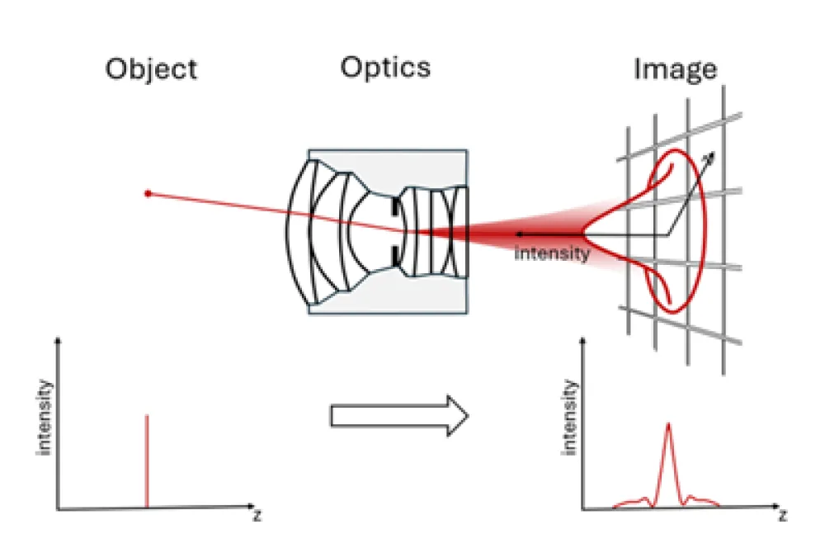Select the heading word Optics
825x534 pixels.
click(385, 66)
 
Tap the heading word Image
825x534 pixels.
click(675, 69)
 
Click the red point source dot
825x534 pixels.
click(148, 193)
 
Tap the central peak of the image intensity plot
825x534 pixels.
click(668, 429)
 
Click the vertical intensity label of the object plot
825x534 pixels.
click(45, 417)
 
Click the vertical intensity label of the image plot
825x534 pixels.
click(568, 417)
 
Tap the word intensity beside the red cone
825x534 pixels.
click(552, 253)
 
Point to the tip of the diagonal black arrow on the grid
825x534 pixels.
click(714, 153)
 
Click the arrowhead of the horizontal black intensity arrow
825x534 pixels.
click(517, 235)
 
